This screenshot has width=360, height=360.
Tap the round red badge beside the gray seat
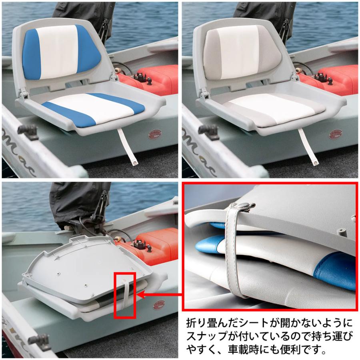(x=335, y=134)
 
